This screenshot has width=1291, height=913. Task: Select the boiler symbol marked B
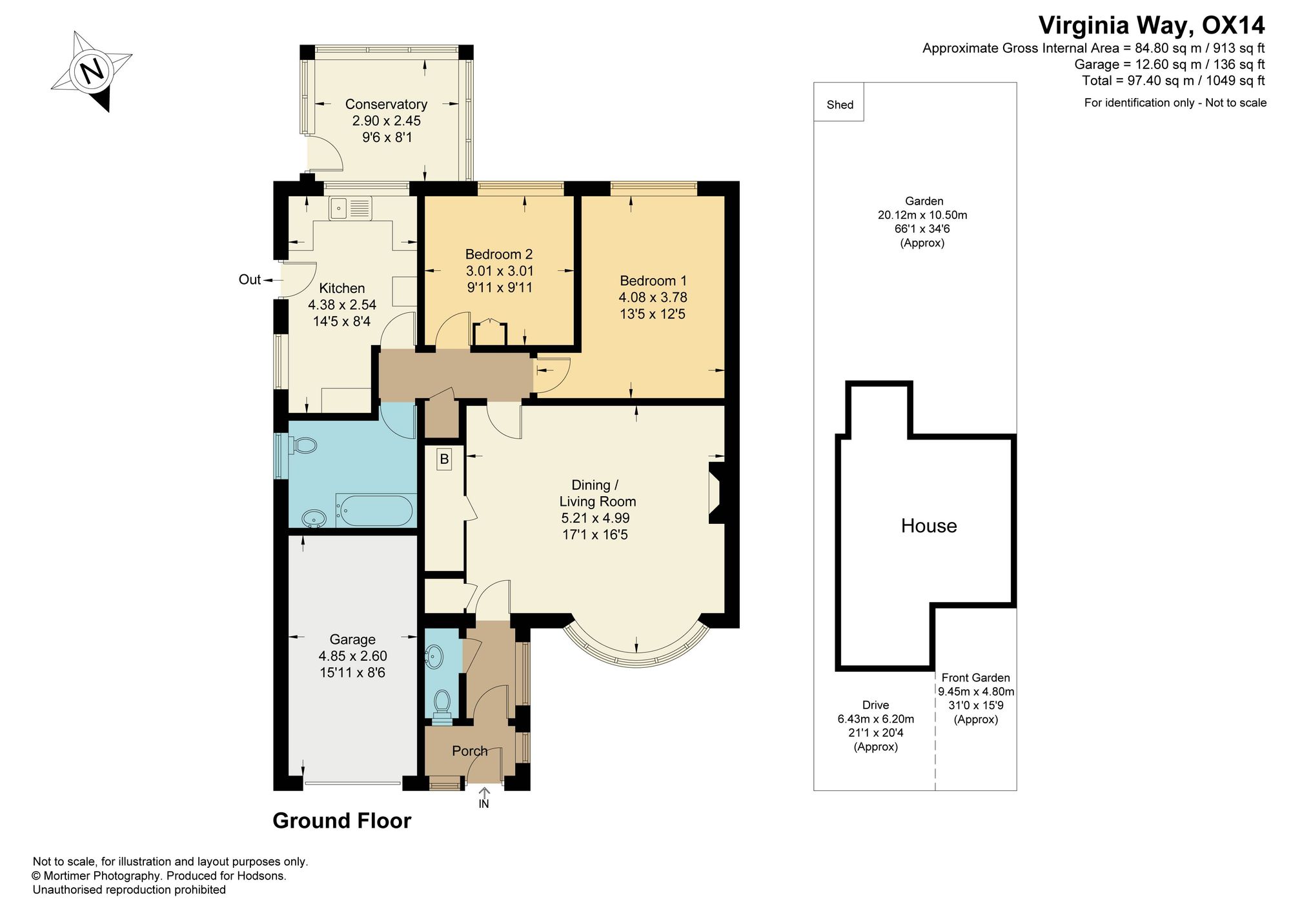click(443, 459)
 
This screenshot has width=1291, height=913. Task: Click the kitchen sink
click(351, 208)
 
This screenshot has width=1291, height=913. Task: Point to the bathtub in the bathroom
click(374, 510)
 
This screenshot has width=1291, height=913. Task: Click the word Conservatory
click(386, 104)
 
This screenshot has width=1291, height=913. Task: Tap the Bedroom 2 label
click(499, 254)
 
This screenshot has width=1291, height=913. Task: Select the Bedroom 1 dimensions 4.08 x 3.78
click(653, 297)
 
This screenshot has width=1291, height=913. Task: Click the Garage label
click(352, 639)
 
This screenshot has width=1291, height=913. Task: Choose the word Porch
click(470, 751)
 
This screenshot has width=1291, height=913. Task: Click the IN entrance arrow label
click(483, 804)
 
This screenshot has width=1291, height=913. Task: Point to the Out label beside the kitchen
click(250, 279)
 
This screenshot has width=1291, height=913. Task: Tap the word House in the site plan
click(929, 526)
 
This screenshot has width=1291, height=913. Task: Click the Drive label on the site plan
click(876, 705)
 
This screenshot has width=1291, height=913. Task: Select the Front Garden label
click(975, 677)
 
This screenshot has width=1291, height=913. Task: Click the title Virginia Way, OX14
click(1152, 25)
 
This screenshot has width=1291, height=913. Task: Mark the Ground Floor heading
click(341, 821)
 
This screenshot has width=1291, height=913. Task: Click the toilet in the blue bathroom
click(303, 445)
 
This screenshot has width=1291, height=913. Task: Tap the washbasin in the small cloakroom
click(434, 657)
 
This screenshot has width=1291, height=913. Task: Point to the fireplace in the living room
click(717, 492)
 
